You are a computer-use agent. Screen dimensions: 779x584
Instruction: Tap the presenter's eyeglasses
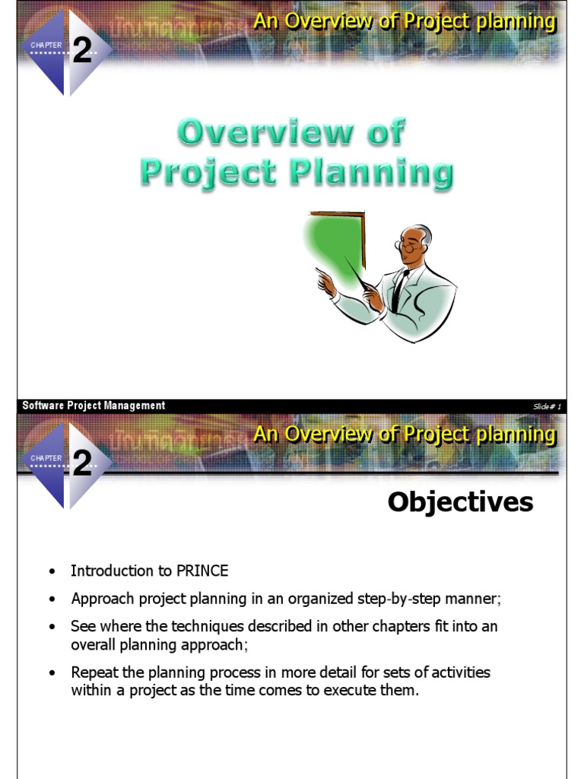[x=408, y=247]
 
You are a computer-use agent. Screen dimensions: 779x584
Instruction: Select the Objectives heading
[x=460, y=502]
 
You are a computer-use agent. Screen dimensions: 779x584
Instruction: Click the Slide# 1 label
[x=547, y=406]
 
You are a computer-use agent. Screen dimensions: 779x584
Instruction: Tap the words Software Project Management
[x=94, y=406]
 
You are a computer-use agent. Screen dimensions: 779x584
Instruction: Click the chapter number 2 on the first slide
[x=82, y=52]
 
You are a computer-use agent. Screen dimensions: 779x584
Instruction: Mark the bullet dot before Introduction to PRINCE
[x=52, y=571]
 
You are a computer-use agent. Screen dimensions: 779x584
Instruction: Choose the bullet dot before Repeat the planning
[x=52, y=673]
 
